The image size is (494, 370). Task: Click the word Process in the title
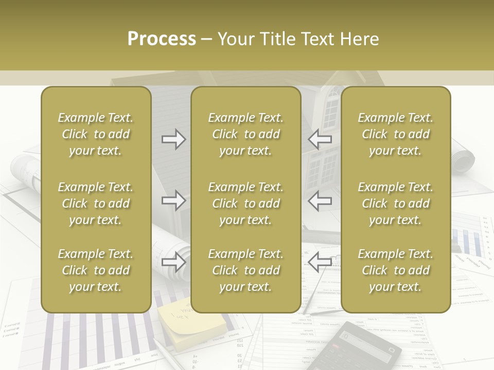click(162, 39)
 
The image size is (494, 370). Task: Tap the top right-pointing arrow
click(174, 139)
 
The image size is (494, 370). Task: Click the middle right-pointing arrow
click(174, 200)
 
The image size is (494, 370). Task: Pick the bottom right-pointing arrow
click(174, 262)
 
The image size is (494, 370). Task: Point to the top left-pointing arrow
click(320, 139)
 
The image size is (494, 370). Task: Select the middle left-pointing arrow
click(320, 200)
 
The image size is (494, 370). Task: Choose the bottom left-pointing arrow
click(320, 262)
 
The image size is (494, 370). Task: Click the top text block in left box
click(96, 134)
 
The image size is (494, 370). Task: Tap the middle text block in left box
click(96, 203)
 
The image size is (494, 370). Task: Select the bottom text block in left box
click(96, 270)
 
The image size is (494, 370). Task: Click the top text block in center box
click(245, 134)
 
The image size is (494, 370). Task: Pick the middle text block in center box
click(245, 203)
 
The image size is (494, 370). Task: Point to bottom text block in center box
click(245, 270)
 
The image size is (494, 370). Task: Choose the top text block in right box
click(395, 134)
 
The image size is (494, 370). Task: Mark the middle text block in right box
click(395, 203)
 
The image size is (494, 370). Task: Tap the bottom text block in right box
click(395, 270)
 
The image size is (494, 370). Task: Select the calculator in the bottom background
click(363, 347)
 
